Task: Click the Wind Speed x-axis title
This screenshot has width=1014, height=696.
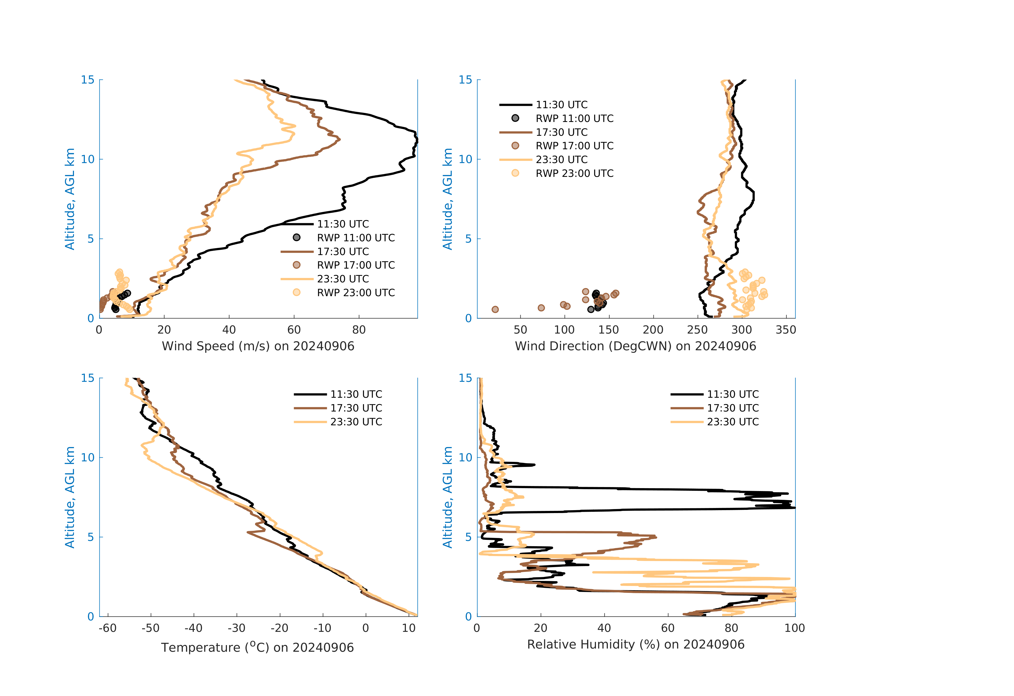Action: (258, 346)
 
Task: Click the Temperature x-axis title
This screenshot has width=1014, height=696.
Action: (257, 647)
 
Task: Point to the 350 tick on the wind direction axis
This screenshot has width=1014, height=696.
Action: (786, 330)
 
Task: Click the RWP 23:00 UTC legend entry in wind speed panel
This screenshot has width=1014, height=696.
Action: (355, 293)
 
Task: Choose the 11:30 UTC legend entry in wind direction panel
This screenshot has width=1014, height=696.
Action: (561, 105)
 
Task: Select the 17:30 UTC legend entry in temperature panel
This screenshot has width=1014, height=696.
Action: (356, 408)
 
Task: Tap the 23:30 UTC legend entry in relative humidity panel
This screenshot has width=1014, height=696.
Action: (732, 422)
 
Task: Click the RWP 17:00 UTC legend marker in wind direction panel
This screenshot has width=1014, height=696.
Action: (515, 146)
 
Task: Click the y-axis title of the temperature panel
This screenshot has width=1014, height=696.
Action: (70, 497)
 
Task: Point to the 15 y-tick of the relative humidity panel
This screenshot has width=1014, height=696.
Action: (466, 378)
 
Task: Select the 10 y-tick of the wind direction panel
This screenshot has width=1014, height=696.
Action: (466, 159)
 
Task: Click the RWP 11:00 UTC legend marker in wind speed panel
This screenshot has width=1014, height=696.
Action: (297, 237)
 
